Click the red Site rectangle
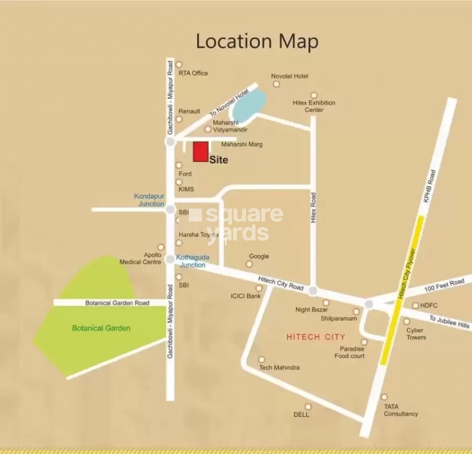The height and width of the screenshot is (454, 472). click(201, 151)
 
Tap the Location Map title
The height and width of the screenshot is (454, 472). click(257, 41)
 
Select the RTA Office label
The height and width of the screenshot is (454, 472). click(193, 73)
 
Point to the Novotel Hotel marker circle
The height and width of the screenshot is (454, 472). click(276, 85)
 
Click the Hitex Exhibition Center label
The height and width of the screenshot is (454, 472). click(314, 106)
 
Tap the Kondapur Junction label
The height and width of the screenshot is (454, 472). click(149, 200)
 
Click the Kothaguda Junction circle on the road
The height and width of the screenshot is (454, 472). click(170, 259)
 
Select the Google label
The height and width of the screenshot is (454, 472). click(259, 256)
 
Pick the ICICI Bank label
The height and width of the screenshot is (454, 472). click(246, 296)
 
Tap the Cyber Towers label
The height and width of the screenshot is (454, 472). click(416, 334)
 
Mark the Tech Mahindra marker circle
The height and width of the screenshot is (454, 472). click(262, 360)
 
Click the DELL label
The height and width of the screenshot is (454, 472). click(301, 414)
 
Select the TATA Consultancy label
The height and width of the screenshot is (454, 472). click(401, 410)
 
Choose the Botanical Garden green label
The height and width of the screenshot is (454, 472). click(101, 328)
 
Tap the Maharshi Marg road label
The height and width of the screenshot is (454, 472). click(241, 144)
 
